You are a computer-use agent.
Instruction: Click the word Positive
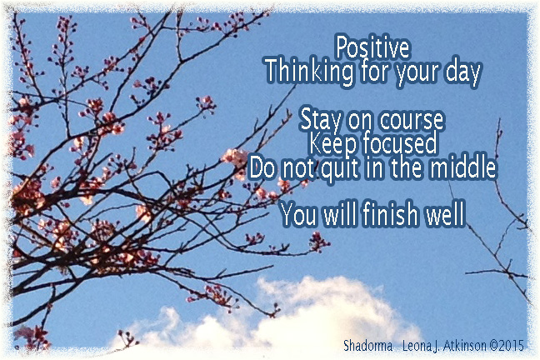(372, 47)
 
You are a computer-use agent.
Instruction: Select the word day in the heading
(462, 74)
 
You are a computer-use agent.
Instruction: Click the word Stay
(319, 117)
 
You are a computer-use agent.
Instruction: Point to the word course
(405, 118)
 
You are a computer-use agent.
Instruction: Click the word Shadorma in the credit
(367, 346)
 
